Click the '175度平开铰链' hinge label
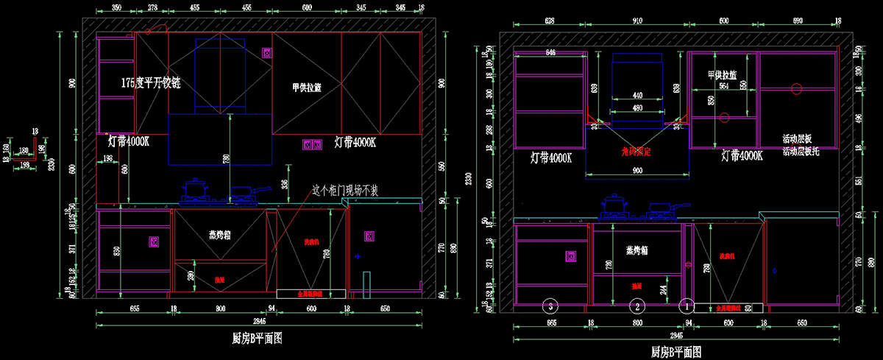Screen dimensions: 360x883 click(151, 84)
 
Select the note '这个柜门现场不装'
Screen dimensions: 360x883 click(345, 190)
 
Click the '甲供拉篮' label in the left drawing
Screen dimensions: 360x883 click(306, 88)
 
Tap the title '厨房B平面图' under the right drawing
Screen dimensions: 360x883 click(675, 353)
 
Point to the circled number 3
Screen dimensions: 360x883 click(548, 303)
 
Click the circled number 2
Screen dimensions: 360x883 click(639, 303)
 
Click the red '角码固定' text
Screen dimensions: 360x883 click(637, 152)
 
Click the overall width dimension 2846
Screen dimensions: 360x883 click(259, 322)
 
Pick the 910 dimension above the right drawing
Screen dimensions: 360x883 click(636, 21)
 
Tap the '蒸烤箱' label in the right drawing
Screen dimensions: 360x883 click(637, 250)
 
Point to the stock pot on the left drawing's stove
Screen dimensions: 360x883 click(195, 189)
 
